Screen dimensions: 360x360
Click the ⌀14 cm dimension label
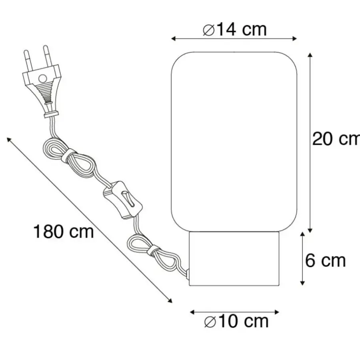click(235, 30)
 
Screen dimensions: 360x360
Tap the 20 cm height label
click(336, 139)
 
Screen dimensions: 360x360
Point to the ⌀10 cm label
click(236, 321)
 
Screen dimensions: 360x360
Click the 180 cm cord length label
click(64, 232)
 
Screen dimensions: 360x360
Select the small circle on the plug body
click(42, 79)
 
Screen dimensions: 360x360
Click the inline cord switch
click(123, 200)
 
